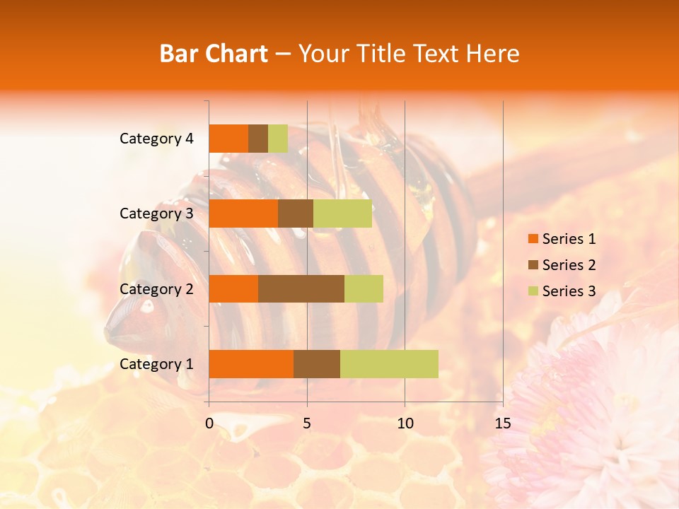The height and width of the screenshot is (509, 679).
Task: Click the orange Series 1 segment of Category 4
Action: coord(228,139)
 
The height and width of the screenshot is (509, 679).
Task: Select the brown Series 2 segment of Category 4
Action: coord(258,139)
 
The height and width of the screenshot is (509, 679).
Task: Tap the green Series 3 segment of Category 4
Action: coord(278,139)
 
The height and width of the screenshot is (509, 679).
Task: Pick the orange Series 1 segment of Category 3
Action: coord(243,213)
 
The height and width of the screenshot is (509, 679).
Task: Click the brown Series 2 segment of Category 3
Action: coord(296,213)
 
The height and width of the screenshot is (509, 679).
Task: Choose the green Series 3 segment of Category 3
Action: coord(342,213)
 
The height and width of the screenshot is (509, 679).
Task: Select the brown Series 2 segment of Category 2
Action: coord(301,288)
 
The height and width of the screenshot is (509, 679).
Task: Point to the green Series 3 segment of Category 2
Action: coord(364,288)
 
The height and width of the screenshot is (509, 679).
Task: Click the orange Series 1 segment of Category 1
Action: coord(251,364)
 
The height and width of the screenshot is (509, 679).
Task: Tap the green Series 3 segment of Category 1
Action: coord(389,364)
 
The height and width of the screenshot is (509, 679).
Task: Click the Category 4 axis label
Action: coord(156,139)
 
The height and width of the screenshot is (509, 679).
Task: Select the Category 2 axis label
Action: coord(156,288)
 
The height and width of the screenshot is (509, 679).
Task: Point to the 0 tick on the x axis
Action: coord(209,423)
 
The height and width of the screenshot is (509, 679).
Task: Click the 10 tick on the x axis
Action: coord(405,423)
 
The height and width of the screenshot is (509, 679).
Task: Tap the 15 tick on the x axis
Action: coord(503,423)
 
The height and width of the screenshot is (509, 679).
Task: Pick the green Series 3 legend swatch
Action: coord(533,291)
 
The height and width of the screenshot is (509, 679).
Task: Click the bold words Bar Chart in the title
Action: coord(214,54)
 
